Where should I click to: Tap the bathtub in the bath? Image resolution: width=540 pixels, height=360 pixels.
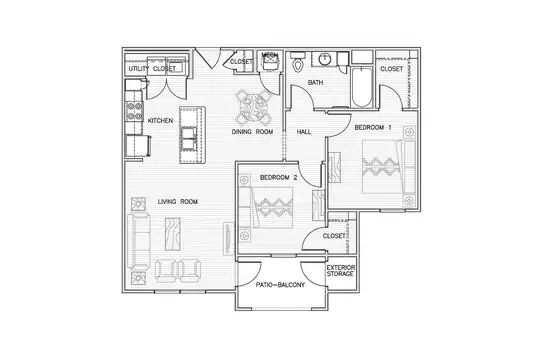(362, 87)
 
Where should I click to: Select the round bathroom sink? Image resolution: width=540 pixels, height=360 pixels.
(324, 59)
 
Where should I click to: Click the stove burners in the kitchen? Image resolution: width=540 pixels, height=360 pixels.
(134, 111)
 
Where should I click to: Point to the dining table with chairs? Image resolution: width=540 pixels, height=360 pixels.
(254, 107)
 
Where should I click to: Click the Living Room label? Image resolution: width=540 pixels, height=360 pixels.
(178, 202)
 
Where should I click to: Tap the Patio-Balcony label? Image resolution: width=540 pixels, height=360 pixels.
(280, 285)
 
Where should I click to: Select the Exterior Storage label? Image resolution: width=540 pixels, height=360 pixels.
(340, 271)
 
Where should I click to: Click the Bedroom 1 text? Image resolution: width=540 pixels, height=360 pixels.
(373, 127)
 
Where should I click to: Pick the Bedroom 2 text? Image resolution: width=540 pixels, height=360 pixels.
(278, 178)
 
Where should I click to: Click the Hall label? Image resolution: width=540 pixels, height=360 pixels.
(304, 132)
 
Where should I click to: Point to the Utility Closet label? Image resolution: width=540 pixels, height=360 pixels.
(152, 69)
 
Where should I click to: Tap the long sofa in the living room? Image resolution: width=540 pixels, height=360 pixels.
(138, 241)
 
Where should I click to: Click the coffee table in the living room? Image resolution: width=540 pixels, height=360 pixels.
(173, 234)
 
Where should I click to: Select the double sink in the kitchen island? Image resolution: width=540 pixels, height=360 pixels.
(189, 138)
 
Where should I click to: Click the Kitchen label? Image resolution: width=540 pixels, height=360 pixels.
(160, 121)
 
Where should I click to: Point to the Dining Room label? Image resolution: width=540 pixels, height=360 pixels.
(252, 132)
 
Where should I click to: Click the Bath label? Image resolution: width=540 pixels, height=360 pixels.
(315, 83)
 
